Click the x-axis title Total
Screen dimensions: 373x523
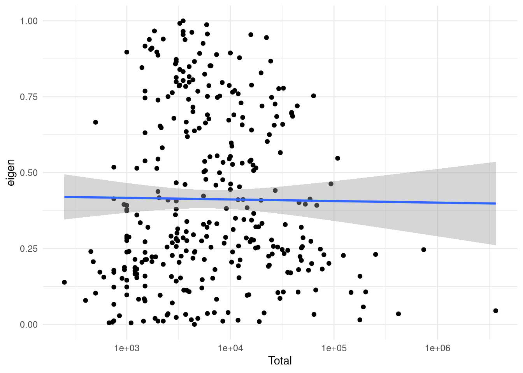279,361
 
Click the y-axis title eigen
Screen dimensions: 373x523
11,173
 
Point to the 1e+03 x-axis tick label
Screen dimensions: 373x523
126,348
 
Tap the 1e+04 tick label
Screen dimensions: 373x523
230,348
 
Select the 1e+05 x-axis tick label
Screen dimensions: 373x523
333,348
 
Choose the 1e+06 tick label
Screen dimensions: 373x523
437,348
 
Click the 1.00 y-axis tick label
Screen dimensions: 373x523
29,21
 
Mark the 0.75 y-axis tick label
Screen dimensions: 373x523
29,97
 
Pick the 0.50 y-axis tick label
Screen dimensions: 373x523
29,173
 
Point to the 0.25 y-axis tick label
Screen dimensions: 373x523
29,249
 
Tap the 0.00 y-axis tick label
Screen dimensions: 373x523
29,324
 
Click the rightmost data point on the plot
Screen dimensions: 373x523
495,311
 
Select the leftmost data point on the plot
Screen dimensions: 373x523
64,282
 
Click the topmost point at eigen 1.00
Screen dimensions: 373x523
183,21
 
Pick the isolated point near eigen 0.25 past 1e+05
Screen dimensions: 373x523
423,249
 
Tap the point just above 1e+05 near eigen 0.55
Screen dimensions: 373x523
337,158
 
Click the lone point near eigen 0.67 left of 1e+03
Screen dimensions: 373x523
95,122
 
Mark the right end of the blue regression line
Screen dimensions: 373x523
495,203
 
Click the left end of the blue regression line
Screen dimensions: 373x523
64,197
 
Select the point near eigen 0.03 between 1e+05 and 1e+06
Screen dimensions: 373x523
398,314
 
